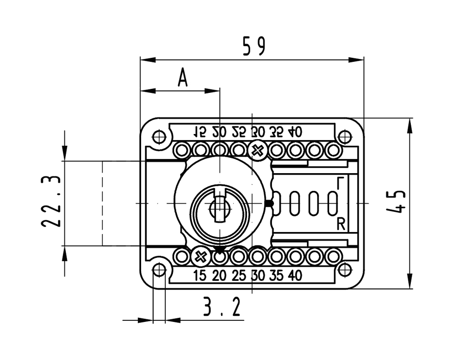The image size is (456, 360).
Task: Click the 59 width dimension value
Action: pyautogui.click(x=254, y=46)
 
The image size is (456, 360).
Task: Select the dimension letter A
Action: pyautogui.click(x=183, y=78)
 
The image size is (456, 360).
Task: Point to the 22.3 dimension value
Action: pyautogui.click(x=51, y=202)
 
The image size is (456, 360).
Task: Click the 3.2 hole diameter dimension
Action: pyautogui.click(x=222, y=307)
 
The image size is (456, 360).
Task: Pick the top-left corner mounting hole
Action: pyautogui.click(x=159, y=137)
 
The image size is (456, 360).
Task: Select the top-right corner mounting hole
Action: pyautogui.click(x=344, y=137)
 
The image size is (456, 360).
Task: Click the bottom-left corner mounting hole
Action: pyautogui.click(x=159, y=269)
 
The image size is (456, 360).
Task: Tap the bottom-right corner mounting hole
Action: pyautogui.click(x=344, y=269)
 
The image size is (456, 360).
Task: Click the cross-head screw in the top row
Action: pyautogui.click(x=258, y=150)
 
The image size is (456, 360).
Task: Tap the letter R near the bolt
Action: pyautogui.click(x=341, y=224)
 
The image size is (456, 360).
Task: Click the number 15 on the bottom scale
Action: pyautogui.click(x=200, y=276)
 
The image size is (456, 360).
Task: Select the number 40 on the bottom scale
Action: pyautogui.click(x=295, y=276)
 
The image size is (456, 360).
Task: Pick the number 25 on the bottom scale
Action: pyautogui.click(x=238, y=276)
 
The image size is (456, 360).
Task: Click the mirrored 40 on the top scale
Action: pyautogui.click(x=295, y=132)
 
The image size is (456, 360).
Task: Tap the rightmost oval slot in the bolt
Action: pyautogui.click(x=333, y=203)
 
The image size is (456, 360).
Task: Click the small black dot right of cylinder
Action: pyautogui.click(x=270, y=204)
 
